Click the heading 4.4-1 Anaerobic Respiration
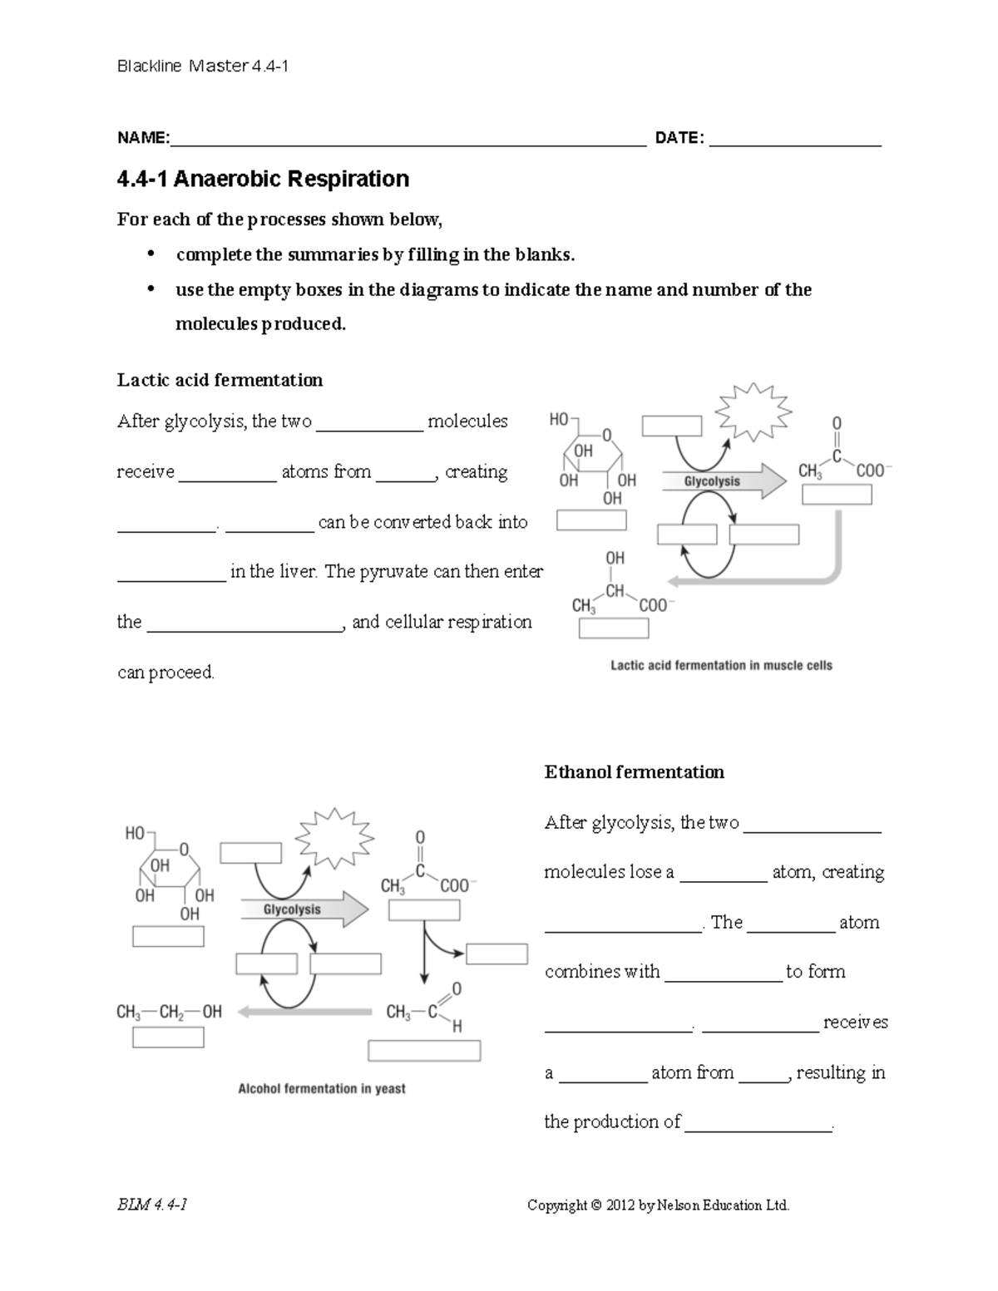pyautogui.click(x=263, y=179)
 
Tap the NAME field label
pyautogui.click(x=143, y=138)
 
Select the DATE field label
pyautogui.click(x=679, y=138)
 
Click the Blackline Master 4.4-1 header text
pyautogui.click(x=202, y=67)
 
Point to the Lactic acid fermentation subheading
pyautogui.click(x=220, y=380)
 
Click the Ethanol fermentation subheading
pyautogui.click(x=634, y=772)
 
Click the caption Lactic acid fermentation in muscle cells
pyautogui.click(x=721, y=665)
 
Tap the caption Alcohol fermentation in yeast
pyautogui.click(x=322, y=1088)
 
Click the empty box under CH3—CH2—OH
pyautogui.click(x=168, y=1037)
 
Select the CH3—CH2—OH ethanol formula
pyautogui.click(x=170, y=1012)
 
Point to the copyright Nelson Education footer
pyautogui.click(x=658, y=1205)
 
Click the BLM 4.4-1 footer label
pyautogui.click(x=152, y=1205)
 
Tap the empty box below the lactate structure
pyautogui.click(x=613, y=628)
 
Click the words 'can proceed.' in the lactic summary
pyautogui.click(x=166, y=672)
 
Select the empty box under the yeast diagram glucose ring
pyautogui.click(x=168, y=936)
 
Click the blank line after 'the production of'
pyautogui.click(x=758, y=1124)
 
